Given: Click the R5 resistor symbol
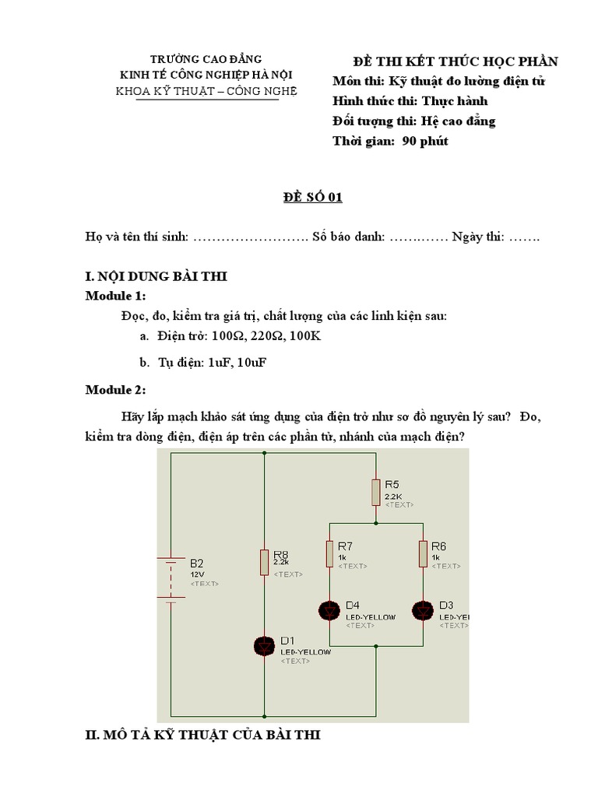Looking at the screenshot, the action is click(375, 492).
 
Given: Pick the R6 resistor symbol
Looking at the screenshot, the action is click(422, 554).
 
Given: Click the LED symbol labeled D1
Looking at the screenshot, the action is click(266, 645).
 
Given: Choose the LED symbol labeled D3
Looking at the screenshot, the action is click(422, 610).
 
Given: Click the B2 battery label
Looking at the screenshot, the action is click(197, 564).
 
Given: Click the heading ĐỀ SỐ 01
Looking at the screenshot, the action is click(311, 198).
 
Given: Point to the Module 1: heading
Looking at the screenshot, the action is click(115, 297).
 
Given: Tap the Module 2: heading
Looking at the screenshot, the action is click(115, 389).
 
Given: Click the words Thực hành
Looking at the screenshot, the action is click(455, 101).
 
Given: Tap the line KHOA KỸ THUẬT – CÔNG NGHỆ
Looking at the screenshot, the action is click(206, 90).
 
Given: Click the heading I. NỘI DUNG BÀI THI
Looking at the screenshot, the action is click(156, 277).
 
